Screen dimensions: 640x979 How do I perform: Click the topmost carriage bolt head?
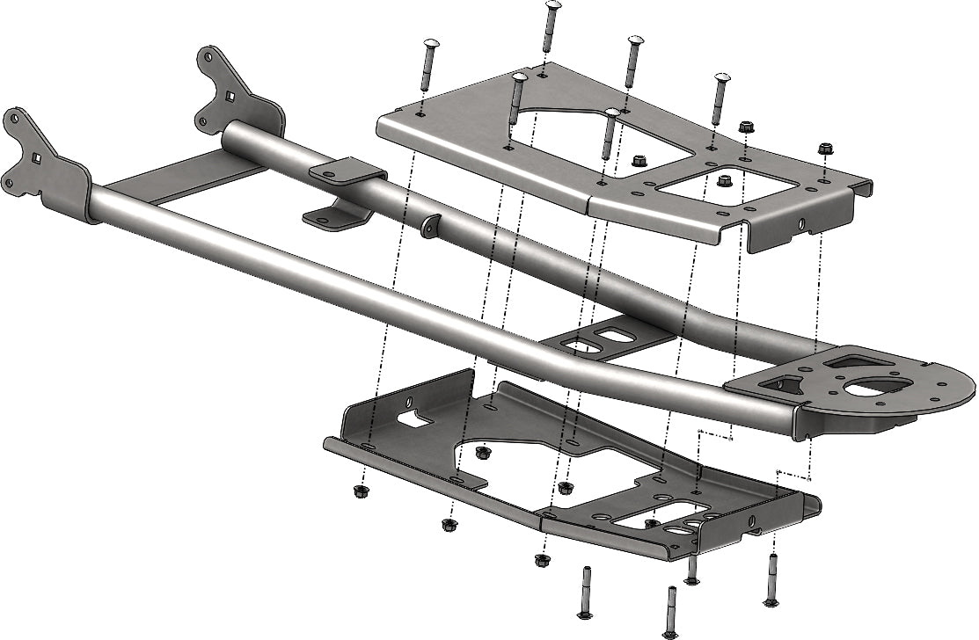[552, 6]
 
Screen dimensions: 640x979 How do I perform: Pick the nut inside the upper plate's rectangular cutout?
[725, 181]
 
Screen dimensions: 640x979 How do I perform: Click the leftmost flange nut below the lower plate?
[360, 491]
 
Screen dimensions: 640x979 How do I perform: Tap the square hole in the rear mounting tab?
[230, 97]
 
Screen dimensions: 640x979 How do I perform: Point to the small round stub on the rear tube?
[429, 227]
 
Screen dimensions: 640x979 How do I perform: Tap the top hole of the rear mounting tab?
[209, 55]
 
